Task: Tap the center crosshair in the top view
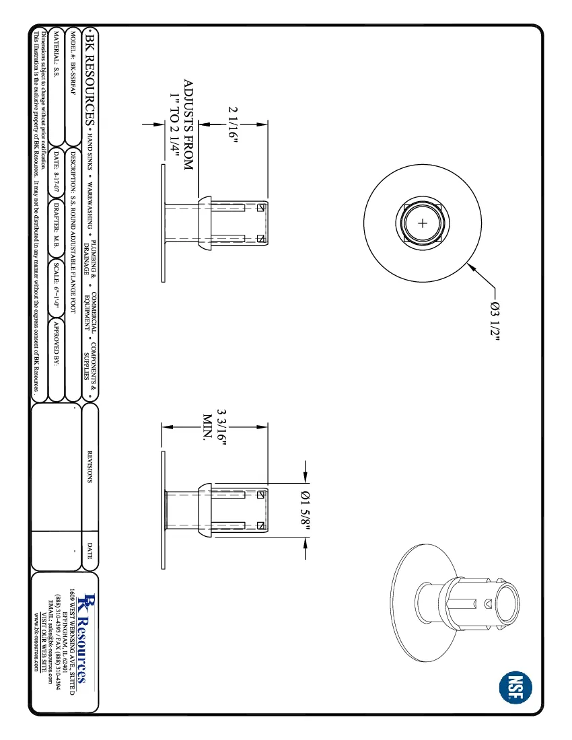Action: click(x=423, y=224)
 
